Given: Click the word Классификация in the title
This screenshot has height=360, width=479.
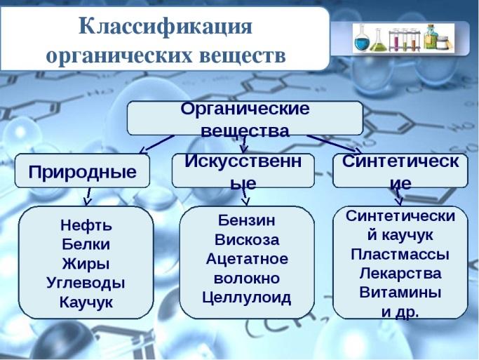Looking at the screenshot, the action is coord(166,27).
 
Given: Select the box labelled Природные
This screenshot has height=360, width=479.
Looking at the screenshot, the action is coord(82,171).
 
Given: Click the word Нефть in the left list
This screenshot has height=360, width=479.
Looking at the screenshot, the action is coord(86,225).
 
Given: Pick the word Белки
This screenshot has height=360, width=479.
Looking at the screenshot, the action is coord(86,244).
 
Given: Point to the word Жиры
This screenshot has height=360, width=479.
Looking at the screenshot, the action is coord(86,264).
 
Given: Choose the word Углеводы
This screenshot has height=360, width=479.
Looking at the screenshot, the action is coord(86,283).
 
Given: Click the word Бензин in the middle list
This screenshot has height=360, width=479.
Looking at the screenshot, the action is coord(247,220).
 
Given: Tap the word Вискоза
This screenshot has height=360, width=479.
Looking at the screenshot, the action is coord(247,239).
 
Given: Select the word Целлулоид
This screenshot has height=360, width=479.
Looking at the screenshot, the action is coord(247,298).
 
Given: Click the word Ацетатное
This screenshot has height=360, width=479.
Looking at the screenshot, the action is coord(247,259).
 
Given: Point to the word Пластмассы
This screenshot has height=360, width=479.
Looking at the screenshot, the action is coord(400,254).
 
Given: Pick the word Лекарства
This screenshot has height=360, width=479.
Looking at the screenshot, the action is coord(400,274).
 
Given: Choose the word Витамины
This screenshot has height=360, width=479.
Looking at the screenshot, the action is coord(400,293).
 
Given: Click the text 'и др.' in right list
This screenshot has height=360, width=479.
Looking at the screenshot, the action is coord(400,312).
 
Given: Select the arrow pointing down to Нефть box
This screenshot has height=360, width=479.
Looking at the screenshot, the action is coord(88,196).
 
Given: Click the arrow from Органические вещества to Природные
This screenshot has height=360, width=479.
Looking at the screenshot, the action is coord(156,144).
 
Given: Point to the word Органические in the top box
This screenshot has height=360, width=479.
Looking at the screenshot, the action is coord(245,109).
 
